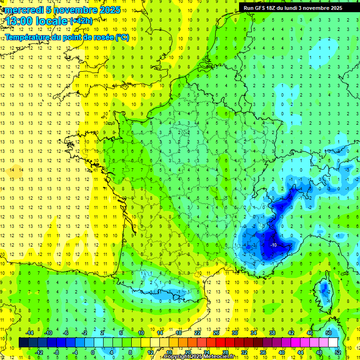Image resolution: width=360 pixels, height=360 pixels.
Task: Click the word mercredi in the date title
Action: pos(23,10)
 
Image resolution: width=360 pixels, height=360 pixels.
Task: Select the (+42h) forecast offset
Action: pos(81,21)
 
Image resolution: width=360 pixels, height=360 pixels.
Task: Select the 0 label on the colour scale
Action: pos(93,352)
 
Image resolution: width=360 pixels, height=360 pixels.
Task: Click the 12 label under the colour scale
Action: pos(150,352)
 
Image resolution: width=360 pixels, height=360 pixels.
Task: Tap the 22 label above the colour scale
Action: pos(197,333)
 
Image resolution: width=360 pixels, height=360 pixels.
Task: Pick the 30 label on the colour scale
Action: pos(235,333)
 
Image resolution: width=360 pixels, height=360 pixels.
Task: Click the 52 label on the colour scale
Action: pos(338,352)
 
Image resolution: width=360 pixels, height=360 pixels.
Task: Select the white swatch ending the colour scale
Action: pos(333,342)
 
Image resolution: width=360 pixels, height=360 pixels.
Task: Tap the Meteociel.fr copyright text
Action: pos(199,357)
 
